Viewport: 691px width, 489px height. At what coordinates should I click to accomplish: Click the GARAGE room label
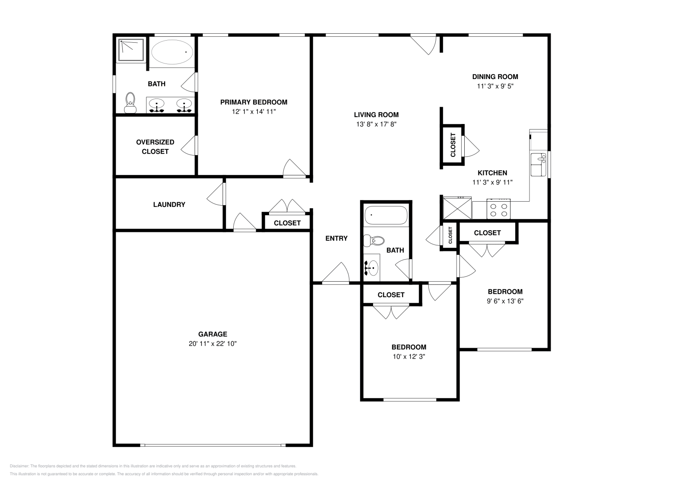click(x=212, y=334)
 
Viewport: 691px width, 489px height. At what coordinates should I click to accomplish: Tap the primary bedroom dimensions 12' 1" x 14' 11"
click(x=254, y=111)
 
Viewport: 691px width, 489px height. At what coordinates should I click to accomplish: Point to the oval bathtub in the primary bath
click(x=171, y=52)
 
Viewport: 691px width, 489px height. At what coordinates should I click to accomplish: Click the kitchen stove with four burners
click(x=499, y=210)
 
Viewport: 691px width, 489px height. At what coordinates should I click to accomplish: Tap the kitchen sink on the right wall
click(x=538, y=164)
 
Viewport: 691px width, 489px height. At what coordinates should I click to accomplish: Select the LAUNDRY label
click(x=169, y=205)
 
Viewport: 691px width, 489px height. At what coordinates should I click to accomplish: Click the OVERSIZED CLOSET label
click(x=155, y=146)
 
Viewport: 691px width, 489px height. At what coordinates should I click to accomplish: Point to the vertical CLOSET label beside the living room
click(x=453, y=145)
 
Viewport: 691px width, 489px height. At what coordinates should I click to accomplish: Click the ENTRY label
click(x=336, y=238)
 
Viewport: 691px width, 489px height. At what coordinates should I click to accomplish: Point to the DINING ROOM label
click(x=494, y=77)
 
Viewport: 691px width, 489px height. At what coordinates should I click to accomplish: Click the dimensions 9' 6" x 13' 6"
click(x=505, y=301)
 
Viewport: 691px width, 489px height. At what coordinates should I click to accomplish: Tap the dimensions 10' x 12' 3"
click(x=409, y=356)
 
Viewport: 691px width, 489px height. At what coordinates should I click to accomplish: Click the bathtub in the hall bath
click(x=385, y=215)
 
